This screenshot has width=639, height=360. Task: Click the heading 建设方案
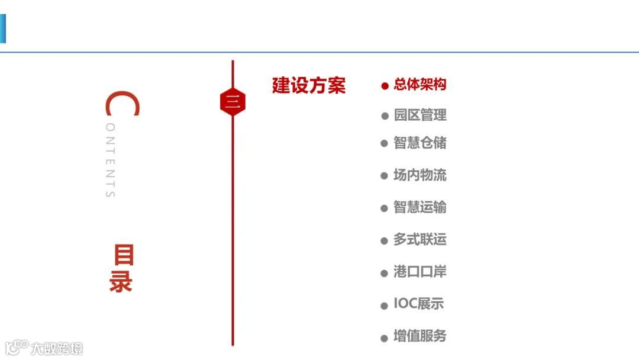click(x=308, y=85)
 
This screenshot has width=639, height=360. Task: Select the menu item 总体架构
click(x=419, y=85)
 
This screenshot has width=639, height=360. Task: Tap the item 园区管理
click(x=419, y=115)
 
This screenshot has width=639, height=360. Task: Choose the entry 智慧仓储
click(x=419, y=143)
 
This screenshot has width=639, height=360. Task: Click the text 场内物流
click(x=419, y=175)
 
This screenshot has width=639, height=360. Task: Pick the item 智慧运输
click(x=419, y=207)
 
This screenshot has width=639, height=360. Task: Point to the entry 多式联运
click(x=419, y=240)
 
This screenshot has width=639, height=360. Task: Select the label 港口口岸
click(x=419, y=272)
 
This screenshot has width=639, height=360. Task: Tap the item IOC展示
click(x=418, y=304)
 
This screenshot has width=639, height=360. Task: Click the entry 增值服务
click(x=419, y=336)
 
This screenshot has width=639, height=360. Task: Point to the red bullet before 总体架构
click(x=385, y=86)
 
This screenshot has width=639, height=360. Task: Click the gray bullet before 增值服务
click(x=385, y=338)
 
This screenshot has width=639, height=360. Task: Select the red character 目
click(x=123, y=255)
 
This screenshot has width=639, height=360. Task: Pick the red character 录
click(x=121, y=282)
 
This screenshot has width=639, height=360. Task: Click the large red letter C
click(x=122, y=104)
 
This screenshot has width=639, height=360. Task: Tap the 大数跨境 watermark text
click(x=57, y=348)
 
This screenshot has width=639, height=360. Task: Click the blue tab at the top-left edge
click(x=2, y=28)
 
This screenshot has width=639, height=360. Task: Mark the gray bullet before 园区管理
click(x=385, y=116)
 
